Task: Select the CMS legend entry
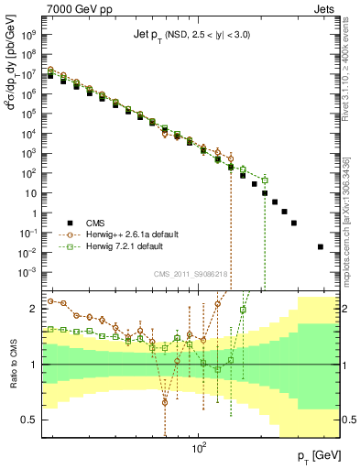(x=100, y=221)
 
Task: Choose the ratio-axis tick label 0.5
(x=31, y=420)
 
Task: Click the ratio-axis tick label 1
(x=35, y=365)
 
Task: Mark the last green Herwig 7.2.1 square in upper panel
(x=264, y=180)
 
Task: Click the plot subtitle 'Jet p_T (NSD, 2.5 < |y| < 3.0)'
(x=192, y=35)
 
